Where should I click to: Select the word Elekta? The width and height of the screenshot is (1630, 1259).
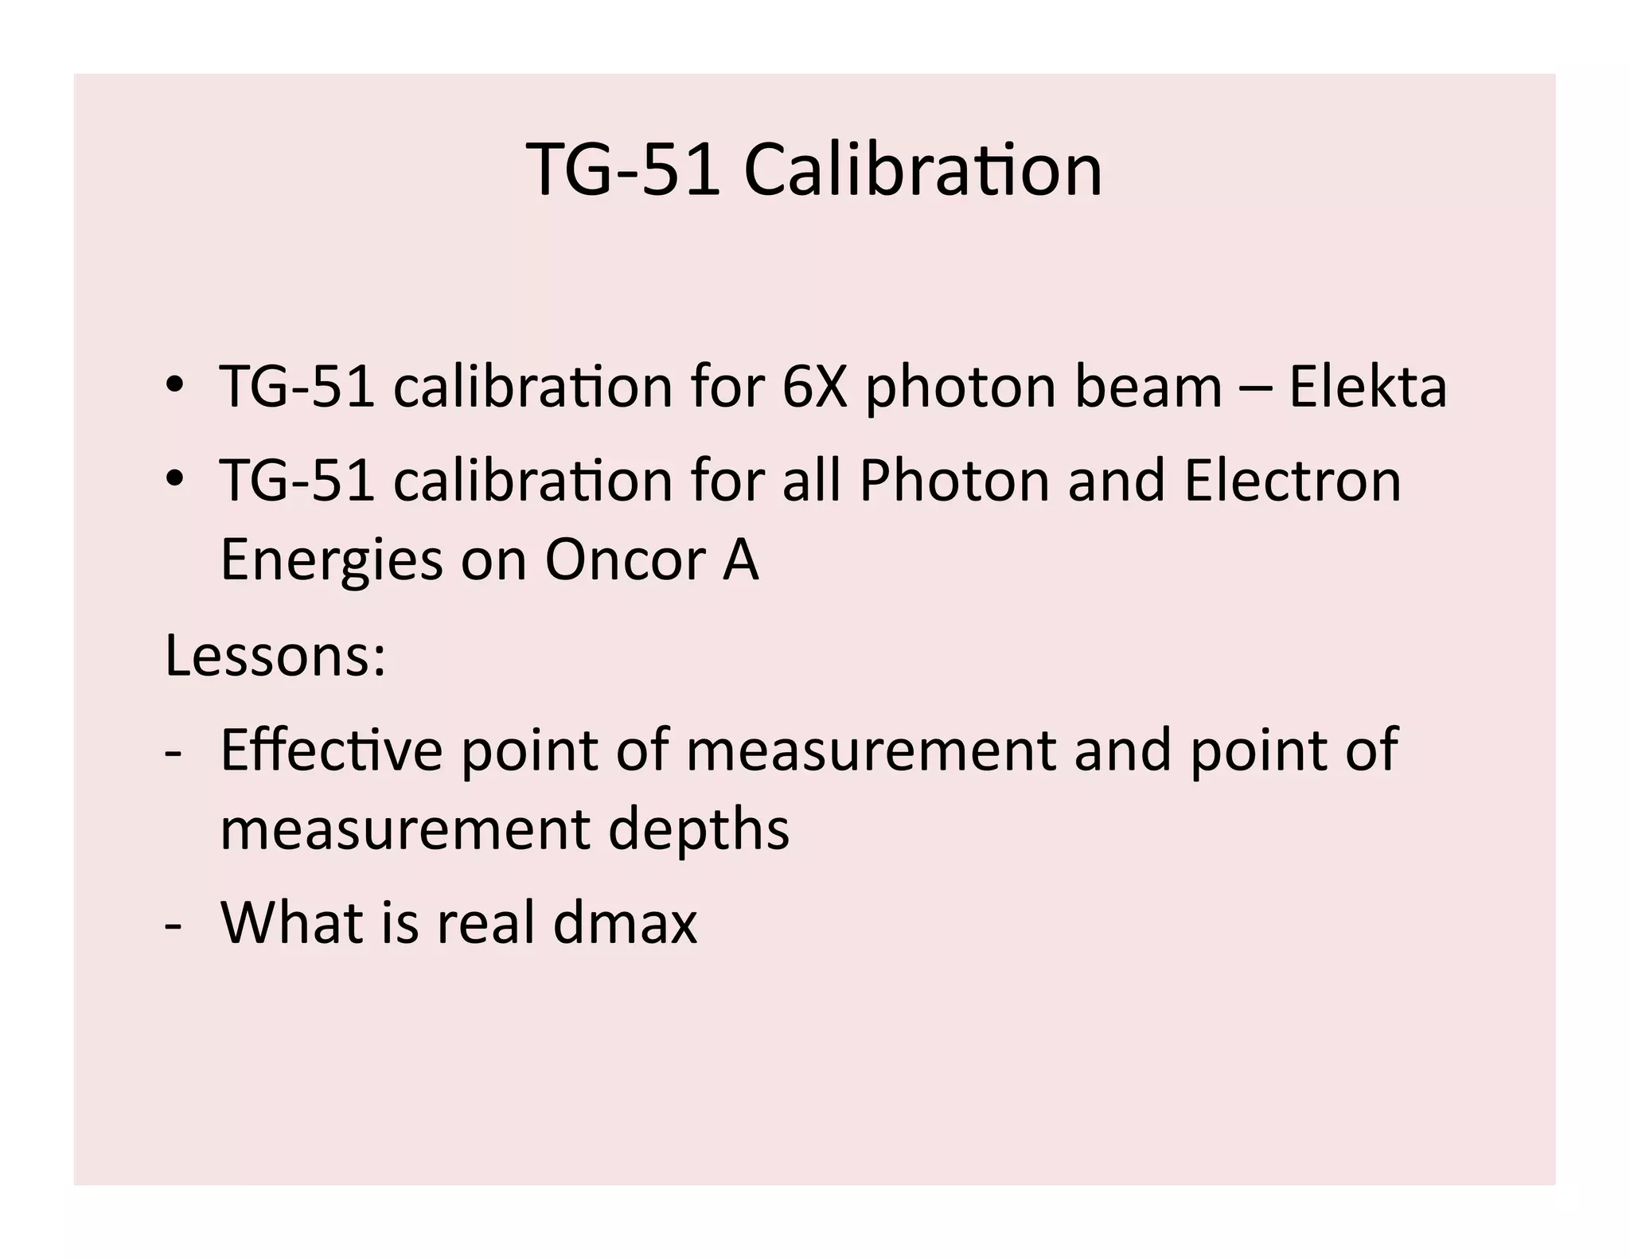tap(1367, 387)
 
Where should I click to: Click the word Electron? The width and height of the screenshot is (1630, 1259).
tap(1293, 481)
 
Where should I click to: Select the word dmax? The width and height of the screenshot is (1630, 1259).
tap(625, 923)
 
